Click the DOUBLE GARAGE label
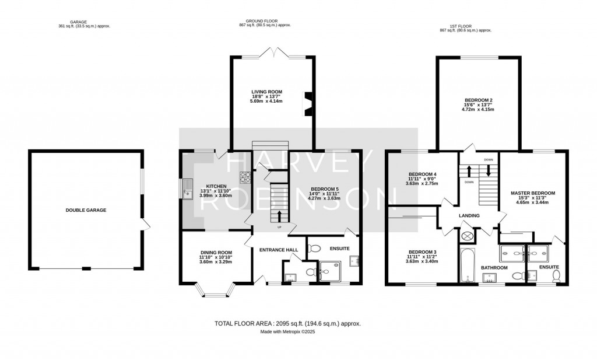[x=86, y=210]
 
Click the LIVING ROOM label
[x=266, y=92]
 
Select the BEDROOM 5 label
[x=325, y=189]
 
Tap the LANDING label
[x=469, y=216]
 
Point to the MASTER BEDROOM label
[x=532, y=193]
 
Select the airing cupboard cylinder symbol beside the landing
[x=468, y=237]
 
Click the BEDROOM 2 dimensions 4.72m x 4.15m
[x=477, y=109]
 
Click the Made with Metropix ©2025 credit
[x=287, y=332]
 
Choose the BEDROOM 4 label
[x=422, y=174]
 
